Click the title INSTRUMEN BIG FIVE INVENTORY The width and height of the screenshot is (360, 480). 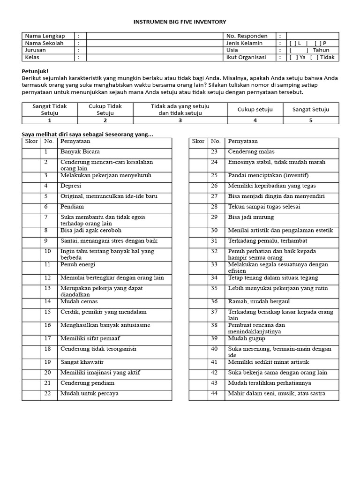coord(180,22)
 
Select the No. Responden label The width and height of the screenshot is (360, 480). coord(247,36)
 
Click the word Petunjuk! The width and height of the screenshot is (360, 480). coord(35,71)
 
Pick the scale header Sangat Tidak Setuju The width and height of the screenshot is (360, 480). coord(49,110)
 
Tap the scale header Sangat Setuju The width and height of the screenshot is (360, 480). coord(311,110)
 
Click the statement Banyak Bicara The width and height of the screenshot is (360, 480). coord(80,152)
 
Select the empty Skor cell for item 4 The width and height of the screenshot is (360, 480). coord(32,186)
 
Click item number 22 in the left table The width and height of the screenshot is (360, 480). coord(47,393)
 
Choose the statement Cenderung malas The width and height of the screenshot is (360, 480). coord(251,152)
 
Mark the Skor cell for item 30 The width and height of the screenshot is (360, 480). coord(198,230)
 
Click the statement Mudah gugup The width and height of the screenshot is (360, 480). coord(247,338)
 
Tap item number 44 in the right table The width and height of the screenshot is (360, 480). coord(215,393)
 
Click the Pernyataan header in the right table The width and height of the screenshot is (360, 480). coord(242,141)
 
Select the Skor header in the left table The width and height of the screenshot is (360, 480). coord(31,141)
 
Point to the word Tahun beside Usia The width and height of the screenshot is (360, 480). coord(321,50)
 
